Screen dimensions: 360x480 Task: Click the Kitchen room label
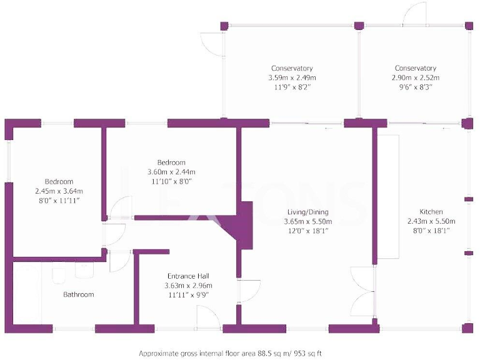click(431, 212)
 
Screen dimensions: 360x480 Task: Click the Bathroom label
click(78, 294)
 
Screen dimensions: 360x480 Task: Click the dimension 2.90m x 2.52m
click(415, 77)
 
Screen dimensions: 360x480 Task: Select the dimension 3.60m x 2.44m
click(171, 172)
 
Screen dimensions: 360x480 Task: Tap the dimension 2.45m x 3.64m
click(58, 191)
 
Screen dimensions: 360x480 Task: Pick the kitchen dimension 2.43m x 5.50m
click(431, 221)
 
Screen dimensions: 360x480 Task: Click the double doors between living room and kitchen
click(361, 292)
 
